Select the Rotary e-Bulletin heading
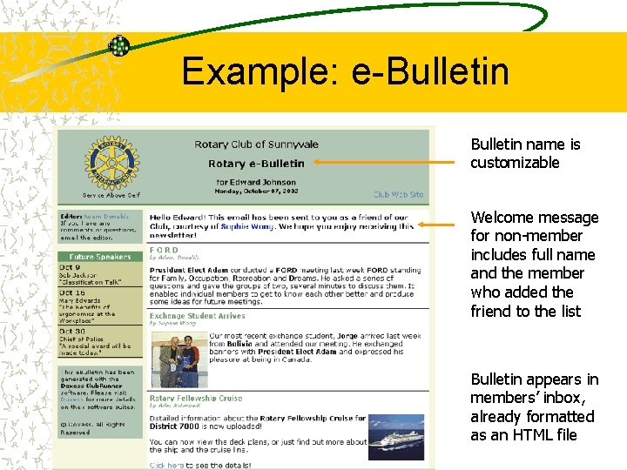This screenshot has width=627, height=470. [x=256, y=163]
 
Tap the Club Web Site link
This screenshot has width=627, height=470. [x=398, y=195]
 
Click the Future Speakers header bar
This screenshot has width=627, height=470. [x=100, y=257]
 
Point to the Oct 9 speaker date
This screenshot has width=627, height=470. [x=71, y=268]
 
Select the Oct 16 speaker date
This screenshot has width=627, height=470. [x=73, y=293]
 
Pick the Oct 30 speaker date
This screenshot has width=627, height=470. [x=73, y=331]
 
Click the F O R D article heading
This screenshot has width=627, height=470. [x=165, y=249]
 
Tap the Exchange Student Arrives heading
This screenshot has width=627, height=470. [x=197, y=316]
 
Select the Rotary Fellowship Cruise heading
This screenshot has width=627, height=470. [x=195, y=398]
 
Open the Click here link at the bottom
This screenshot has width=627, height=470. [x=167, y=466]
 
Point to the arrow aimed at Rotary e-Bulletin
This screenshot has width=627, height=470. [x=383, y=161]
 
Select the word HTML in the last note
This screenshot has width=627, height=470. [x=534, y=435]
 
